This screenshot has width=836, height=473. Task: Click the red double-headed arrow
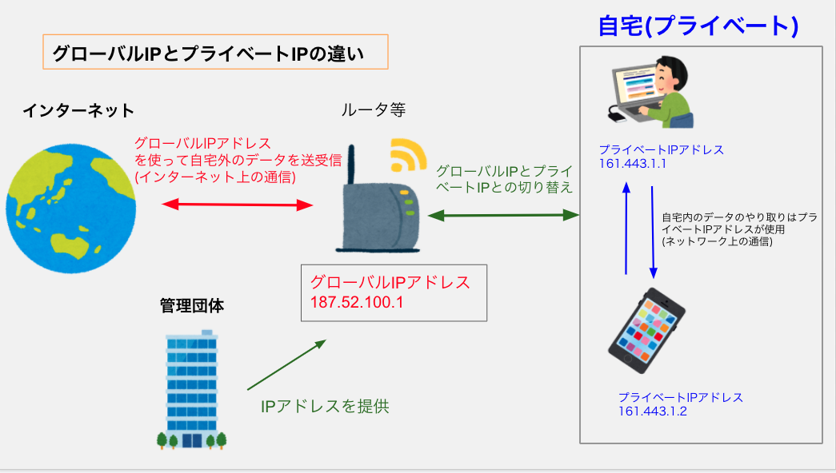point(236,205)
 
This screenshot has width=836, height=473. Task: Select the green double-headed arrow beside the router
point(503,215)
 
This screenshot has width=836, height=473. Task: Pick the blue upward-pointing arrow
point(626,228)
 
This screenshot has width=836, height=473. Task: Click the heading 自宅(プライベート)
point(698,26)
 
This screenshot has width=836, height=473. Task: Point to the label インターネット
point(78,110)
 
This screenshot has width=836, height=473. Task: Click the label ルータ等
point(373,109)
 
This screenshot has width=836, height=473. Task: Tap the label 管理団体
point(190,305)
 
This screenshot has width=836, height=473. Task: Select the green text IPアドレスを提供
point(325,405)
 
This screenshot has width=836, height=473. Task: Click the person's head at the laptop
point(669,70)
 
